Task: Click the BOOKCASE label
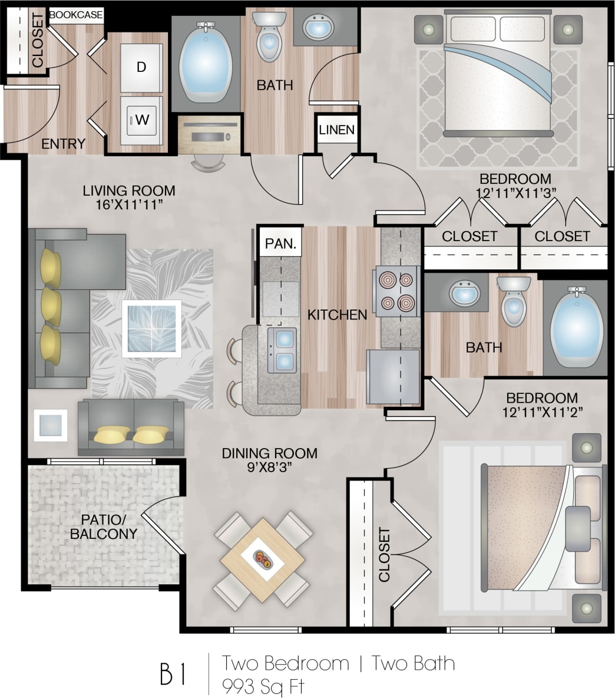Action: (x=76, y=15)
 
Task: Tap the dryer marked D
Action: (x=141, y=67)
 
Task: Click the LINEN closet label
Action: (x=337, y=130)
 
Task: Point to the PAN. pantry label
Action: (x=280, y=243)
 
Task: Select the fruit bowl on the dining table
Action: (x=263, y=558)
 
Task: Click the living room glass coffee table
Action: (x=152, y=328)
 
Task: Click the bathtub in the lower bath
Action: (x=576, y=328)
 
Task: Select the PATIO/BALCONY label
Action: (x=104, y=526)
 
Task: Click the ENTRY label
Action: (x=63, y=143)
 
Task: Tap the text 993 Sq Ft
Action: (x=263, y=686)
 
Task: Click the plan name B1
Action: (x=173, y=674)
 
